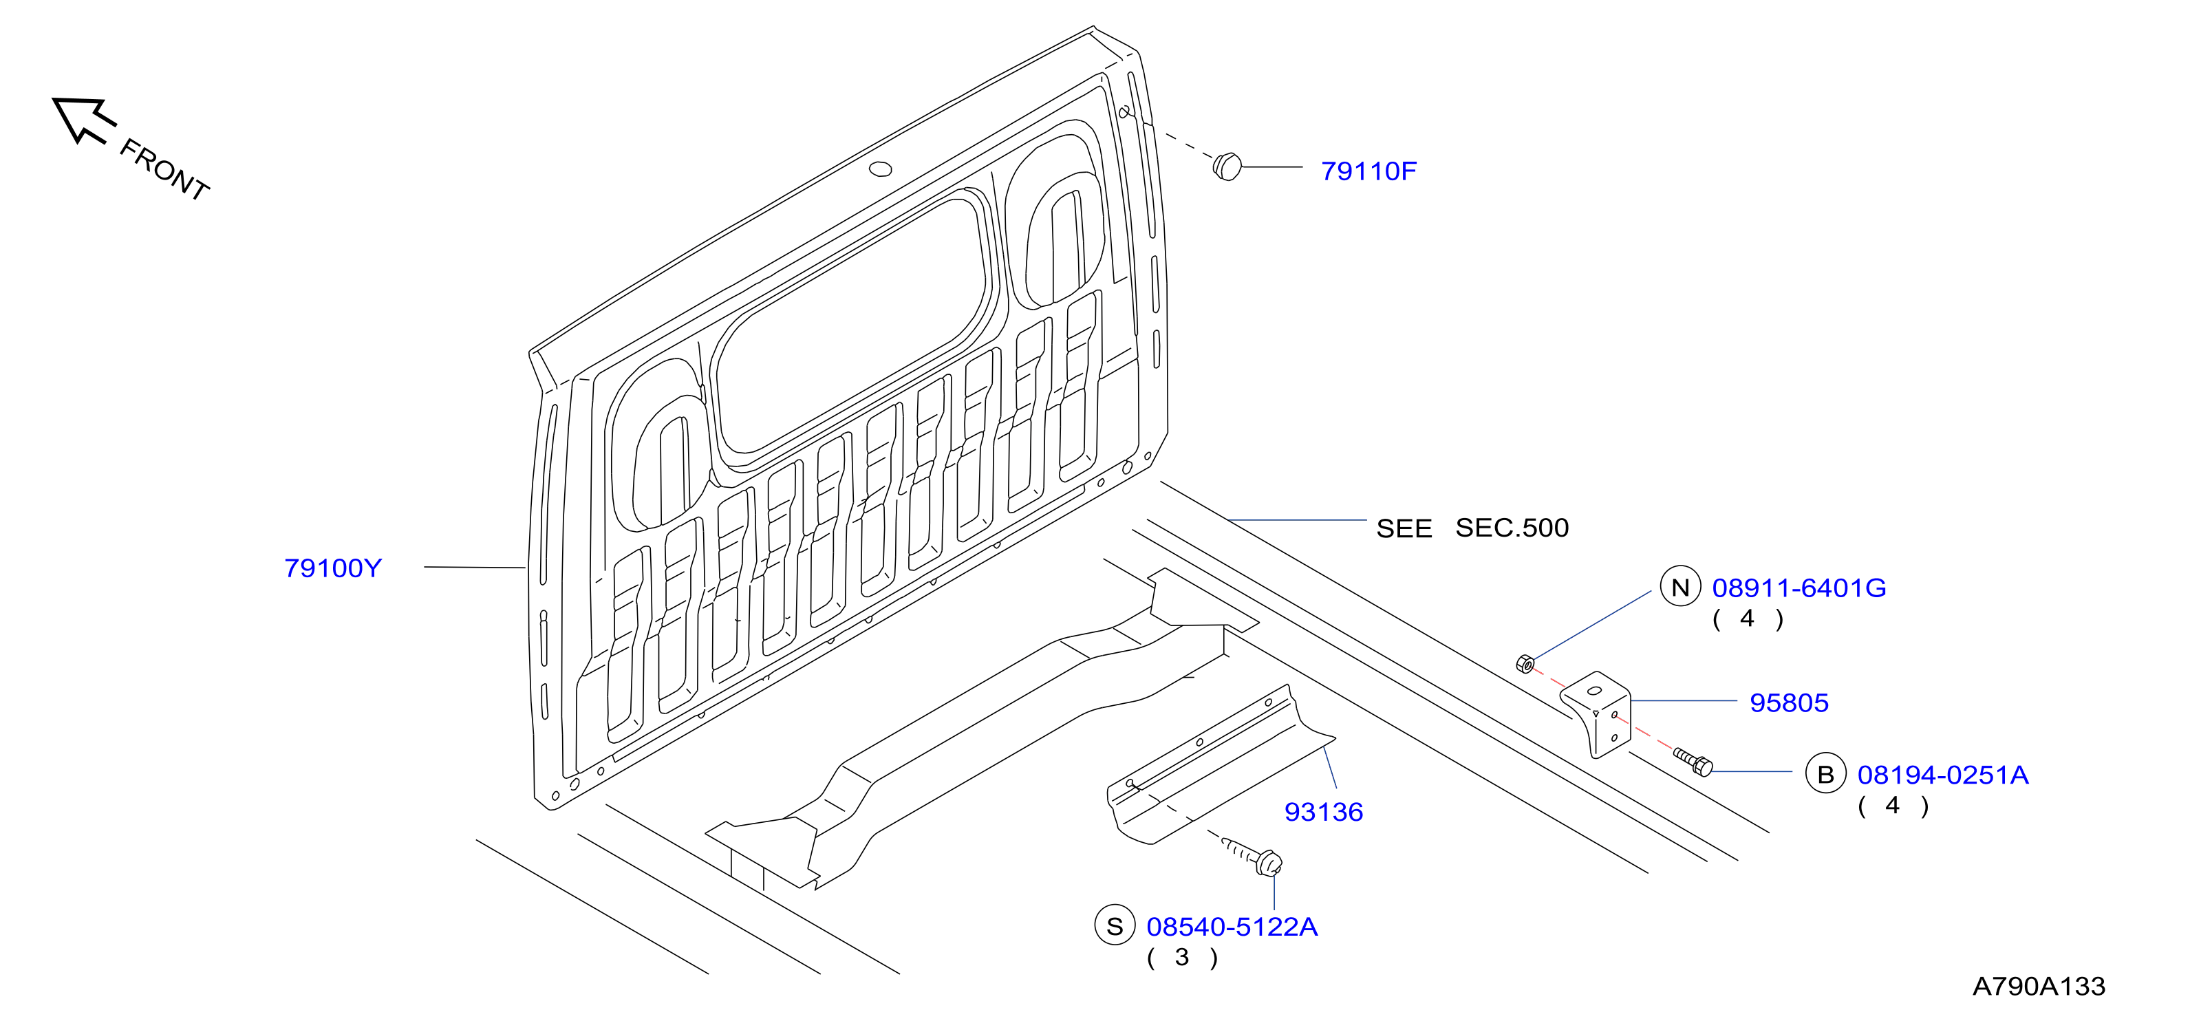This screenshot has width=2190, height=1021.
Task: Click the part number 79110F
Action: [1368, 171]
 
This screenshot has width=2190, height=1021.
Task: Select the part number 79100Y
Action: [333, 568]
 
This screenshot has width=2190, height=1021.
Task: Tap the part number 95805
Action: [1789, 703]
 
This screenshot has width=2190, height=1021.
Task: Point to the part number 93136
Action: [1324, 812]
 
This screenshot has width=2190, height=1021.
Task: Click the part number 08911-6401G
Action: [1799, 588]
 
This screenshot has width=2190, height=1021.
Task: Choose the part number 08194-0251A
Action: [1942, 775]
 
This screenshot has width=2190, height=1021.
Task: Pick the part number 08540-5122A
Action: [1232, 927]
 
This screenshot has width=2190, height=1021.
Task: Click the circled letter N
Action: [1680, 587]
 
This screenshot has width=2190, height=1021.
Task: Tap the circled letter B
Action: [1825, 773]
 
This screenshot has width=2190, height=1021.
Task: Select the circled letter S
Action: [1115, 926]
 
